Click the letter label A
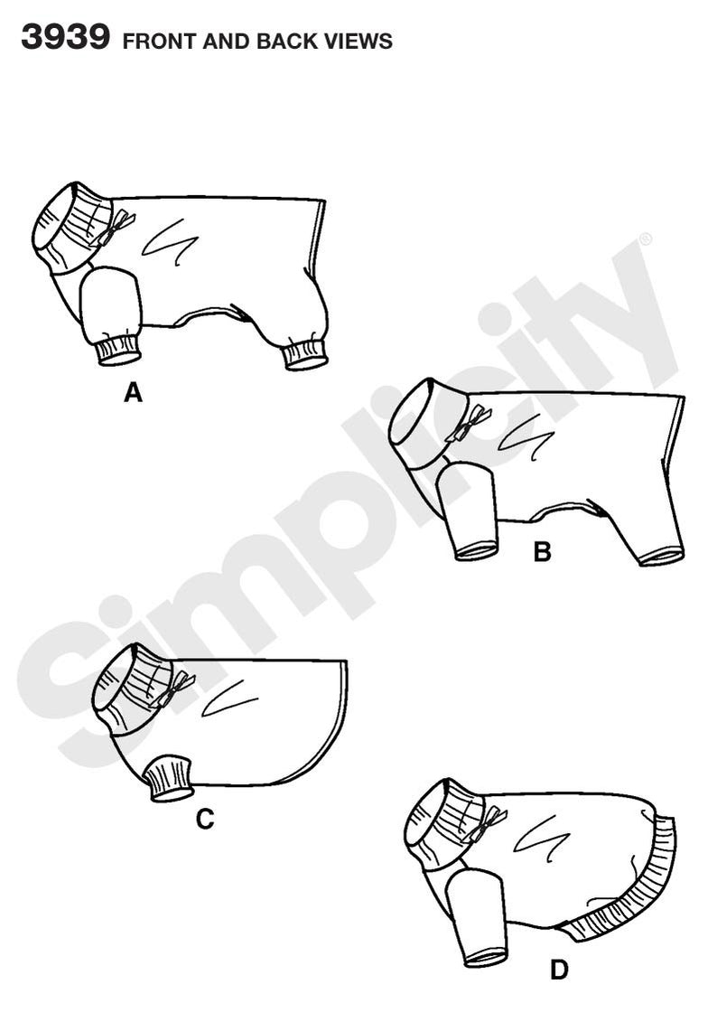[133, 393]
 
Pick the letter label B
[542, 551]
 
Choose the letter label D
[560, 971]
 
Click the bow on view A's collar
[117, 227]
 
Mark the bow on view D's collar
[491, 822]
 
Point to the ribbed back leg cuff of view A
[304, 354]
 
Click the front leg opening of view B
[476, 549]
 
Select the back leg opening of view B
[661, 555]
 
